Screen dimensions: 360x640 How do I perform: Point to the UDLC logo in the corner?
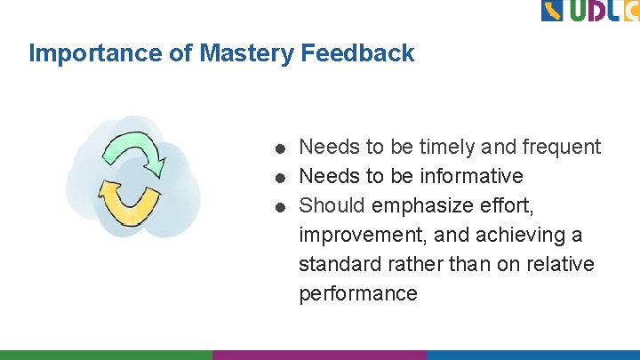[x=589, y=11]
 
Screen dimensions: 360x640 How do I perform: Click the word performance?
[x=357, y=293]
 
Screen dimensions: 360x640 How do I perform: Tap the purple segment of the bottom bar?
[x=319, y=355]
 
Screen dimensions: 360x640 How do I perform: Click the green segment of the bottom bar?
[x=106, y=355]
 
